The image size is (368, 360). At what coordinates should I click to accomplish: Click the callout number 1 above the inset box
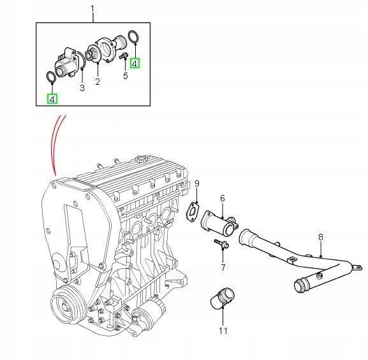[92, 9]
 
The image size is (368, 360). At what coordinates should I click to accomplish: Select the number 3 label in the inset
[82, 88]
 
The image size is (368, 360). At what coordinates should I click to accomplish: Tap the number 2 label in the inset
[98, 82]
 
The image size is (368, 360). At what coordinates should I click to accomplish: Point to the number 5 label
[126, 76]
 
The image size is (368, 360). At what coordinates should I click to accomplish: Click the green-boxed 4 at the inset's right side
[135, 62]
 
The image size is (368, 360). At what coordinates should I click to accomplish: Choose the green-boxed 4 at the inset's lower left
[52, 98]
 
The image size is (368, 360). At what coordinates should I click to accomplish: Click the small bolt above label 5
[122, 59]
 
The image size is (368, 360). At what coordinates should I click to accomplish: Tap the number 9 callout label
[197, 184]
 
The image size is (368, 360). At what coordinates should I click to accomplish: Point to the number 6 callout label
[222, 198]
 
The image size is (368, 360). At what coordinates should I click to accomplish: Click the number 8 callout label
[320, 237]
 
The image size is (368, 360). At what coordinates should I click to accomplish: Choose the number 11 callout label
[223, 330]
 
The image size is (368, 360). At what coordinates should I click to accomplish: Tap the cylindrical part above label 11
[221, 299]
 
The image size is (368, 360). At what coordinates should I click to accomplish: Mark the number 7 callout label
[223, 266]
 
